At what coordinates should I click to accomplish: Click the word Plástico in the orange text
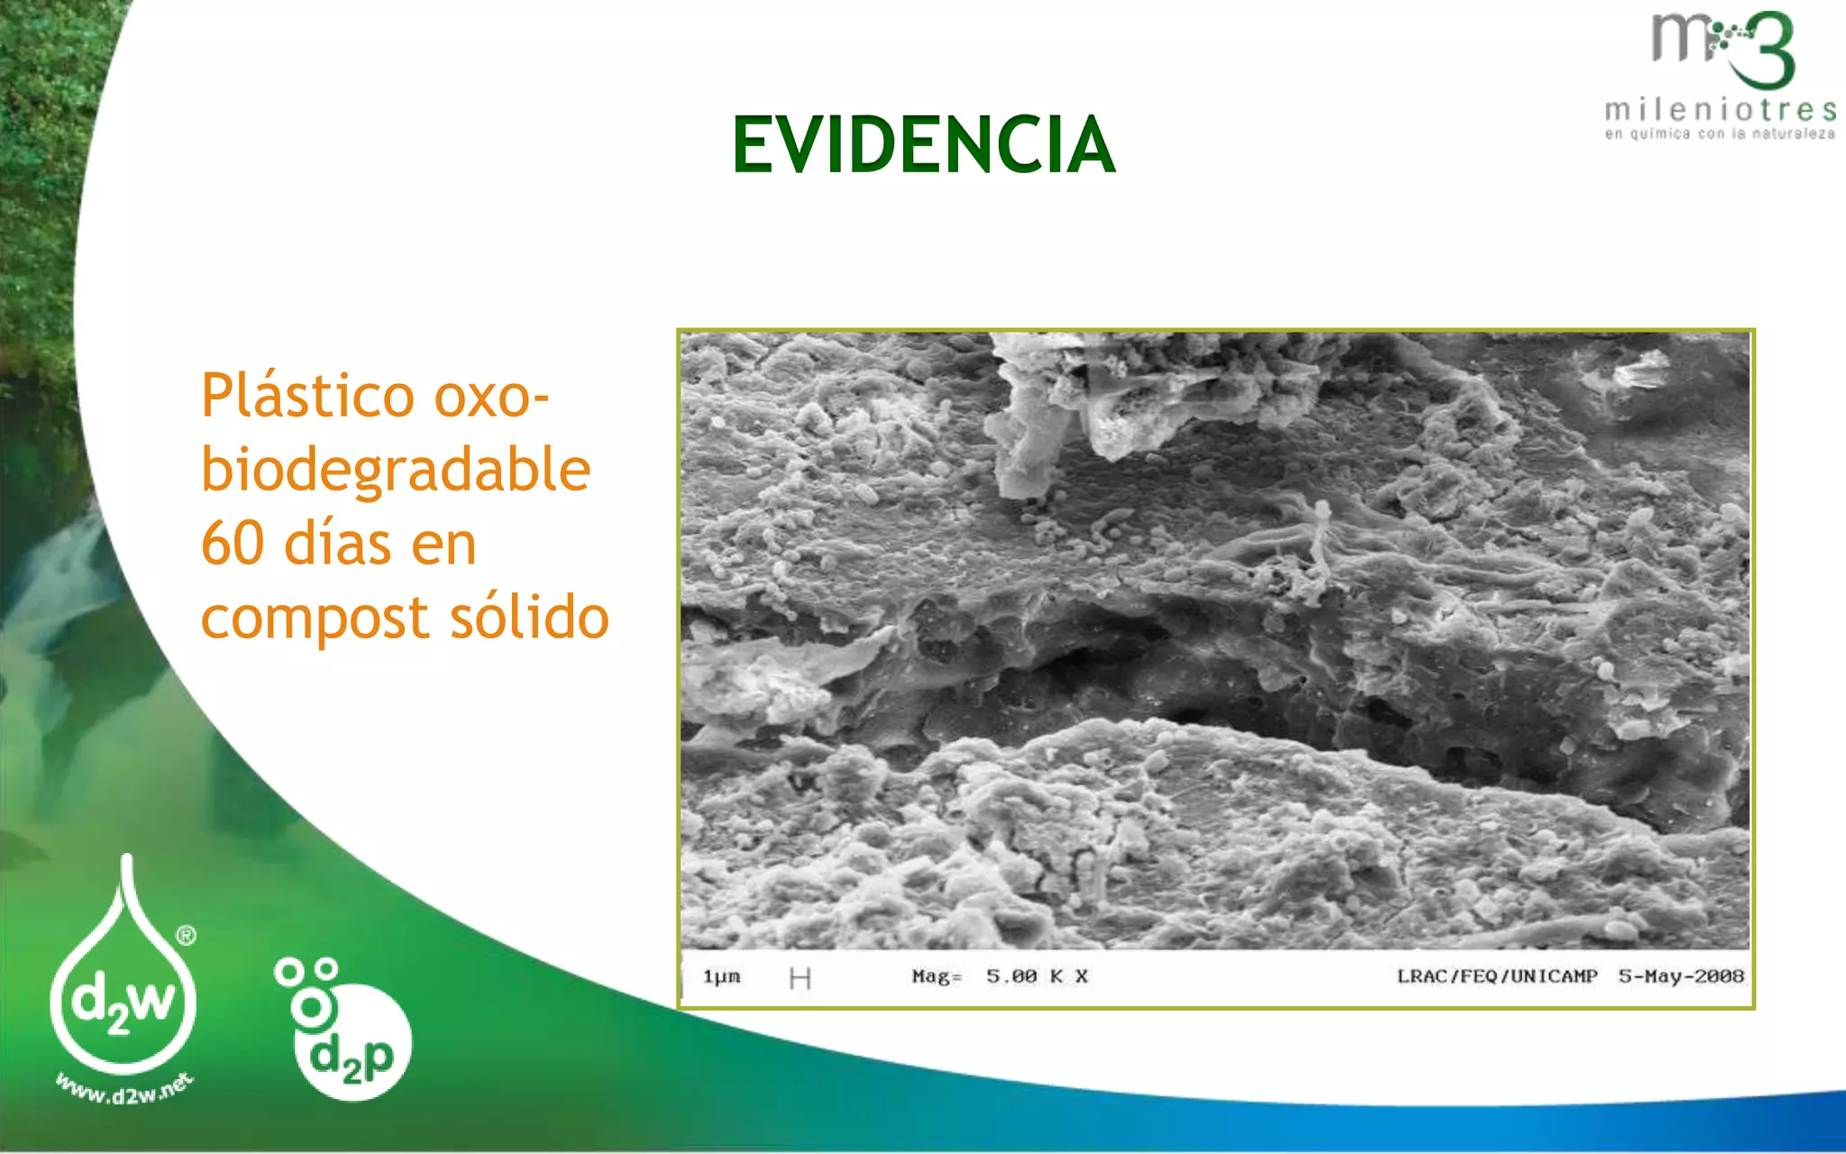pyautogui.click(x=307, y=397)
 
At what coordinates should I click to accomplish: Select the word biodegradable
pyautogui.click(x=396, y=471)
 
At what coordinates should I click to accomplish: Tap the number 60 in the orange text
pyautogui.click(x=233, y=544)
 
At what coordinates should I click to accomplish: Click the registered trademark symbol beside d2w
pyautogui.click(x=187, y=936)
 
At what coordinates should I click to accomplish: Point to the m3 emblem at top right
pyautogui.click(x=1723, y=50)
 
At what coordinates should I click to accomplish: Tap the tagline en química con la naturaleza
pyautogui.click(x=1720, y=134)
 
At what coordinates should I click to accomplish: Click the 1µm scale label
pyautogui.click(x=722, y=976)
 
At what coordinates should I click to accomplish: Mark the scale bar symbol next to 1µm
pyautogui.click(x=800, y=978)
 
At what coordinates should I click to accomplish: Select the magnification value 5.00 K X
pyautogui.click(x=1037, y=976)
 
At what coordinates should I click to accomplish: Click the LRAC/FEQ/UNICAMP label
pyautogui.click(x=1496, y=976)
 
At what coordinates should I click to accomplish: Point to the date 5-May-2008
pyautogui.click(x=1681, y=976)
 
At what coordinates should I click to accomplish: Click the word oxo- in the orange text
pyautogui.click(x=491, y=397)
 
